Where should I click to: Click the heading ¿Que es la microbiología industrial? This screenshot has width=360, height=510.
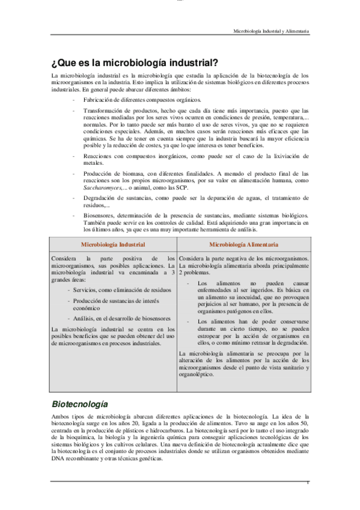135,62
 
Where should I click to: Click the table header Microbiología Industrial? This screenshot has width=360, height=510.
113,245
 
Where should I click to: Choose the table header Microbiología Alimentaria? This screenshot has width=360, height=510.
243,245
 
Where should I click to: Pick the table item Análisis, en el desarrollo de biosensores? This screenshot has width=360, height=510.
121,318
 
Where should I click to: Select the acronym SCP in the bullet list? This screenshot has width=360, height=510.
181,188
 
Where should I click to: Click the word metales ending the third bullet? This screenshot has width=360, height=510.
93,162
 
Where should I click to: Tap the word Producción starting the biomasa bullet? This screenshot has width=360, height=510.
98,173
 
